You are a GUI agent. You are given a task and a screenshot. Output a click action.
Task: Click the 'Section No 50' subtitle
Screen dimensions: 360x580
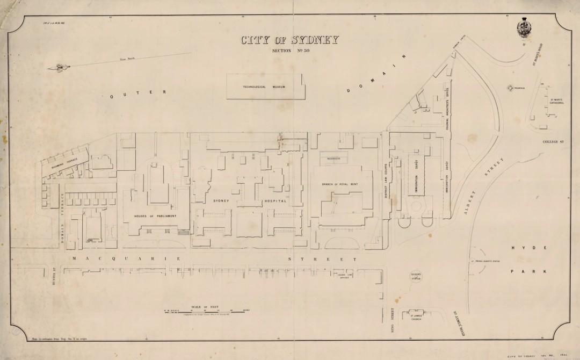tap(290, 52)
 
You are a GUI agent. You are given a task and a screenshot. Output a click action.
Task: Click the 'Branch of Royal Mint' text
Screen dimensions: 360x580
tap(339, 184)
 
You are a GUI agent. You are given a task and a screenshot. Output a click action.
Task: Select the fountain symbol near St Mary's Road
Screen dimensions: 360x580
tap(509, 88)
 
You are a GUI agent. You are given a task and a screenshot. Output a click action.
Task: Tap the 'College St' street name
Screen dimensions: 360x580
tap(557, 142)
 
